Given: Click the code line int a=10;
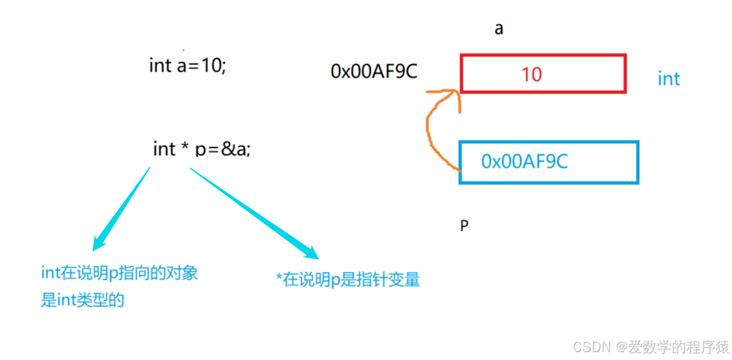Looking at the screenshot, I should (187, 66).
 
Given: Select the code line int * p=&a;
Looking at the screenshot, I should (202, 149).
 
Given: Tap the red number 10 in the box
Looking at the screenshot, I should (531, 74).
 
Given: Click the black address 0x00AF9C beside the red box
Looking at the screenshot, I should (373, 72).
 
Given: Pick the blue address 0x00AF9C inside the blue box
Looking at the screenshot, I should (524, 162).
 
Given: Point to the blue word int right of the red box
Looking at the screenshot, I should (668, 79).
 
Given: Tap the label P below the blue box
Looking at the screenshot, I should (464, 226).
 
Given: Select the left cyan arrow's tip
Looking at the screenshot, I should (96, 247).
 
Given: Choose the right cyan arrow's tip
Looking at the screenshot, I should (314, 255).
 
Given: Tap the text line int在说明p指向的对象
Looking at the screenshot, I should (119, 272).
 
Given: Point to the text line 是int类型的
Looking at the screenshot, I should (83, 300).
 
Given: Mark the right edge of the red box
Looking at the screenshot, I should (625, 74).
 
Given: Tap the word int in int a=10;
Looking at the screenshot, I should (160, 66).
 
